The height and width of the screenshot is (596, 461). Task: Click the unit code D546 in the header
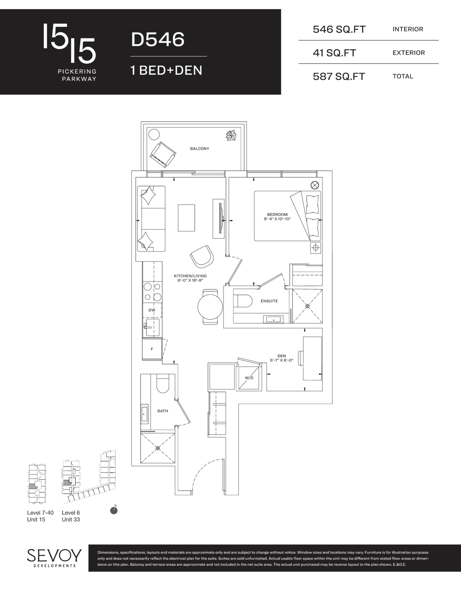(x=158, y=40)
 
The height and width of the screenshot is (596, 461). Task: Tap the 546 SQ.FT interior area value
(x=339, y=29)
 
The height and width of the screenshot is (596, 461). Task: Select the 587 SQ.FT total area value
(x=339, y=77)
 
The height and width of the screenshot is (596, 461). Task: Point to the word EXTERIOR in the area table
(x=409, y=53)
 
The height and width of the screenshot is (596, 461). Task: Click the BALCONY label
(x=200, y=149)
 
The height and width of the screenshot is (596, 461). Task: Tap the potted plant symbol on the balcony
(x=232, y=136)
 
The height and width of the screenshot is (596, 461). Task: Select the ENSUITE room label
(x=269, y=301)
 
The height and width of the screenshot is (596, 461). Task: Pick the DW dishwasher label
(x=152, y=310)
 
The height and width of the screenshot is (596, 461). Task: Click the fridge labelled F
(x=152, y=349)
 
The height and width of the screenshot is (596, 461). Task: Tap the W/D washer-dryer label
(x=249, y=378)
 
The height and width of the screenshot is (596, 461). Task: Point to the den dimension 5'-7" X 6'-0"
(x=282, y=361)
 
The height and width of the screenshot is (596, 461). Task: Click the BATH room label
(x=163, y=411)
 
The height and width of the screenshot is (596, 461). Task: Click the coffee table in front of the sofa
(x=186, y=218)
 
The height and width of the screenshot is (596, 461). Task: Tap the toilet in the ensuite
(x=242, y=301)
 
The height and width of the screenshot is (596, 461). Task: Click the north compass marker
(x=114, y=510)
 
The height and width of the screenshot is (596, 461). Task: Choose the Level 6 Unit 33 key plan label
(x=71, y=516)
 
